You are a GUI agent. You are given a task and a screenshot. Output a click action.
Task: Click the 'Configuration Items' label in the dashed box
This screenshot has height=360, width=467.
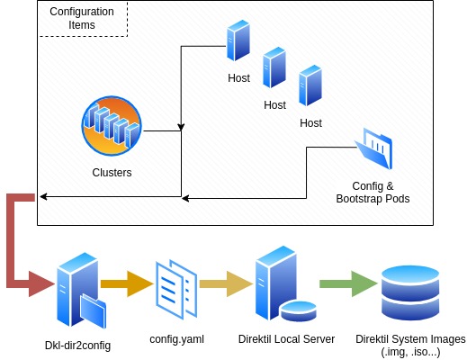82,19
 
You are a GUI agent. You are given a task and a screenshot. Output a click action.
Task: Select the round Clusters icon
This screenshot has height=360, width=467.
112,127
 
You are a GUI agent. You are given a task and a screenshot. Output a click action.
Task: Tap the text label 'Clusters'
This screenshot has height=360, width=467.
112,172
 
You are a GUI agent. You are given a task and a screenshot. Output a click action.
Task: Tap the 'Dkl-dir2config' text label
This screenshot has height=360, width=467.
78,346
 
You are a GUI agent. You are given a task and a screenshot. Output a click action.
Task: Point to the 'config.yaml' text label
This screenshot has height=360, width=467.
176,339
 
